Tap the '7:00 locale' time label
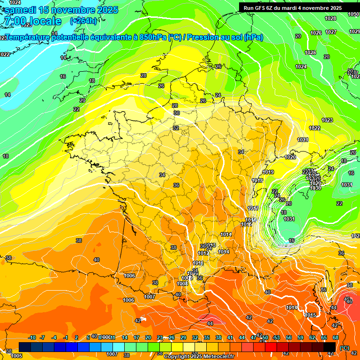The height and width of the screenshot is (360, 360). (32, 21)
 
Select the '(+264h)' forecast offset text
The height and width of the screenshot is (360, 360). (83, 21)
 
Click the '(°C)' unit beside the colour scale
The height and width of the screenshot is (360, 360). (345, 348)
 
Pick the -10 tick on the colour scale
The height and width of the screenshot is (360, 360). (32, 337)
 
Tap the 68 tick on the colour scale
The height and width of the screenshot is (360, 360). (336, 337)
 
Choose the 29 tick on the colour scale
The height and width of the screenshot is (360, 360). (183, 337)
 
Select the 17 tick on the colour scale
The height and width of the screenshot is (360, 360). (136, 337)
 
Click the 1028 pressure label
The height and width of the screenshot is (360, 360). (330, 18)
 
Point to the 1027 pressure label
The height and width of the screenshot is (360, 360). (331, 32)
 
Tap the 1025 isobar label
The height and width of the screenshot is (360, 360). (310, 53)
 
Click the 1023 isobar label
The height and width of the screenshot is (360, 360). (327, 120)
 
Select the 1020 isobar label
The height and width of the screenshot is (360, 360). (290, 157)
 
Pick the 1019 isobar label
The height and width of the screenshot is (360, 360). (268, 172)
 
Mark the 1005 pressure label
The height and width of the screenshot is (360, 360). (16, 356)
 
